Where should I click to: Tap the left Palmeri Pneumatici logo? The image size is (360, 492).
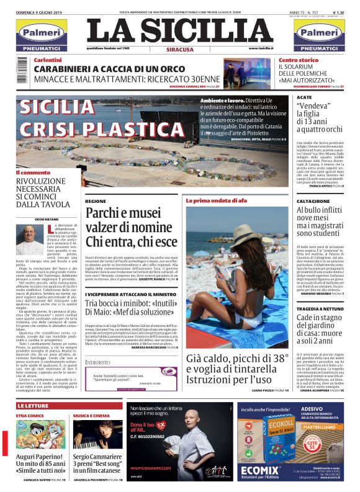click(x=40, y=35)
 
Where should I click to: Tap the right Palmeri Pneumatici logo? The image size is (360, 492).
click(x=318, y=35)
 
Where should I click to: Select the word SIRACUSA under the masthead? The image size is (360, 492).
click(x=181, y=49)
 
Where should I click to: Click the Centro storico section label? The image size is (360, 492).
click(x=299, y=60)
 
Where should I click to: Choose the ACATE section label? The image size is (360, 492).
click(x=304, y=98)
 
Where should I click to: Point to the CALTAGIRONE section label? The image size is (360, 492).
click(x=313, y=202)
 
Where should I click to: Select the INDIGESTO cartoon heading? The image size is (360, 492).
click(x=98, y=361)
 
